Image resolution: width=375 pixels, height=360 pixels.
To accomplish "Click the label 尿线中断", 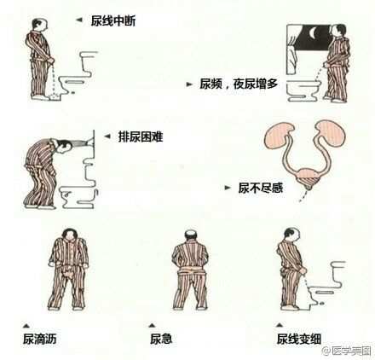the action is coord(113,20).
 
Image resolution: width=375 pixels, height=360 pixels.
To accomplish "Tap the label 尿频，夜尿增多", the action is coord(239,84).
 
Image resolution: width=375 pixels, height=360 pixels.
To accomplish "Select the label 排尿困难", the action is coord(141,136).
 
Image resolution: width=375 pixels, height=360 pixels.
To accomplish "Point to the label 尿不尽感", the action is coord(261,188).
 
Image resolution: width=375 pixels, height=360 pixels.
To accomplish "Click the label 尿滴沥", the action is coord(40,339).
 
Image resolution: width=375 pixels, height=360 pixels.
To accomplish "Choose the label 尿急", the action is coord(161,339).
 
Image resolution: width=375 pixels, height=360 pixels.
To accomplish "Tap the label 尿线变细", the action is coord(299,339).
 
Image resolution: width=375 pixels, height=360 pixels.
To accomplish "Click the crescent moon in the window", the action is coord(313,33).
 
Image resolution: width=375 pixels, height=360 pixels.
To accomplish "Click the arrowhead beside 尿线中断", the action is coord(79,20).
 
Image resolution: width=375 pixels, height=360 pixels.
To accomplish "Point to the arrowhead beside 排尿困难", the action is coord(107,136).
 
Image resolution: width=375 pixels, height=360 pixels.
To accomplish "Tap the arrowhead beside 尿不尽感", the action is coord(228,188).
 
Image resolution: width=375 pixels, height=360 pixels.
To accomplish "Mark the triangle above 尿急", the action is coord(153,325).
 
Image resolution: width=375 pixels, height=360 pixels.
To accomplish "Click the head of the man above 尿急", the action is coord(190,235).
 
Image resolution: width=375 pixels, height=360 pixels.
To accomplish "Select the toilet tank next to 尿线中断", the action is coord(88,62).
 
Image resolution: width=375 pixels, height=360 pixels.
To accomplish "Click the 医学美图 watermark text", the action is coord(351,351).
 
